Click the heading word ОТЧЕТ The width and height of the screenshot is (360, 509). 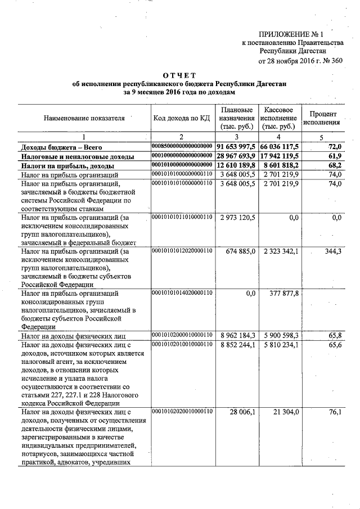[x=180, y=75]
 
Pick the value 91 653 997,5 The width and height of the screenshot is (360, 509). [x=236, y=146]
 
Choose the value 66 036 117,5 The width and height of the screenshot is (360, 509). [x=280, y=146]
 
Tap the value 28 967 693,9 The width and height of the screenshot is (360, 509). [x=236, y=156]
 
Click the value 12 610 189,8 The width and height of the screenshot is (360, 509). [x=236, y=166]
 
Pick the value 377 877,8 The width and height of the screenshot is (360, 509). [x=284, y=293]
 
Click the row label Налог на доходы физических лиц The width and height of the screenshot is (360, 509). [x=77, y=336]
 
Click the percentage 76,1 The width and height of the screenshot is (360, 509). [x=335, y=412]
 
